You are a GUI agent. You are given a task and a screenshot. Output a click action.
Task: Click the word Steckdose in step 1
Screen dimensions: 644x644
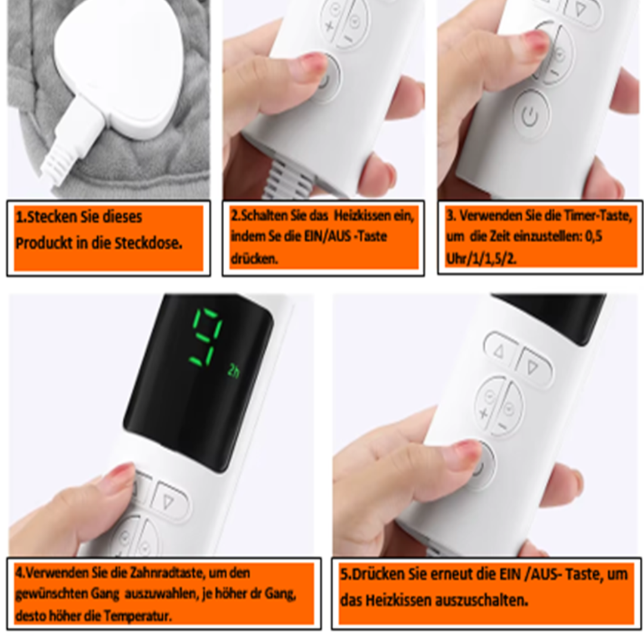pyautogui.click(x=148, y=243)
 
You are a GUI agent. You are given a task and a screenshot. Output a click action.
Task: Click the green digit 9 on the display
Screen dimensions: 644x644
pyautogui.click(x=206, y=338)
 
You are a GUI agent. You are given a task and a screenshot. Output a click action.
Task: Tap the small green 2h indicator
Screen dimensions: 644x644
pyautogui.click(x=233, y=371)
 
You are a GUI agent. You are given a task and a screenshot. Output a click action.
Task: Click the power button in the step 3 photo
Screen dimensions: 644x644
pyautogui.click(x=531, y=115)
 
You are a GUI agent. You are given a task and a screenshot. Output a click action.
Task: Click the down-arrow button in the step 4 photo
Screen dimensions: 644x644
pyautogui.click(x=169, y=501)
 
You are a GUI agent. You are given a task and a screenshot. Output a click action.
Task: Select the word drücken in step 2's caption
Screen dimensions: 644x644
pyautogui.click(x=254, y=259)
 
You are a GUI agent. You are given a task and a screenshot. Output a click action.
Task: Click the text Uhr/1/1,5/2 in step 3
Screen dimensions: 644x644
pyautogui.click(x=481, y=259)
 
